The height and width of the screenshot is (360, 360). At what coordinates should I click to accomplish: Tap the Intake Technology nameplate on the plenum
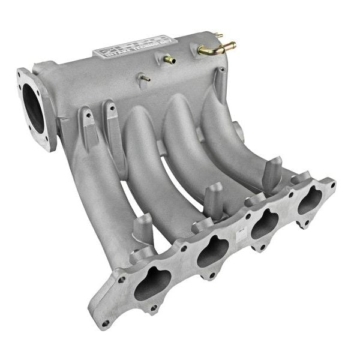pos(135,46)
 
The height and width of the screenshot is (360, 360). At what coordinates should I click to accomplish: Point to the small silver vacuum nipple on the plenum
pos(144,77)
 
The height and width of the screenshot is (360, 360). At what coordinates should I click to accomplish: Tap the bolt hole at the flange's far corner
pos(328,184)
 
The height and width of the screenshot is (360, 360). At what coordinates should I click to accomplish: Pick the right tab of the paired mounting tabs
pos(112,117)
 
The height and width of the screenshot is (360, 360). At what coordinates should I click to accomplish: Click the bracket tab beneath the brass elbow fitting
pos(221,81)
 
